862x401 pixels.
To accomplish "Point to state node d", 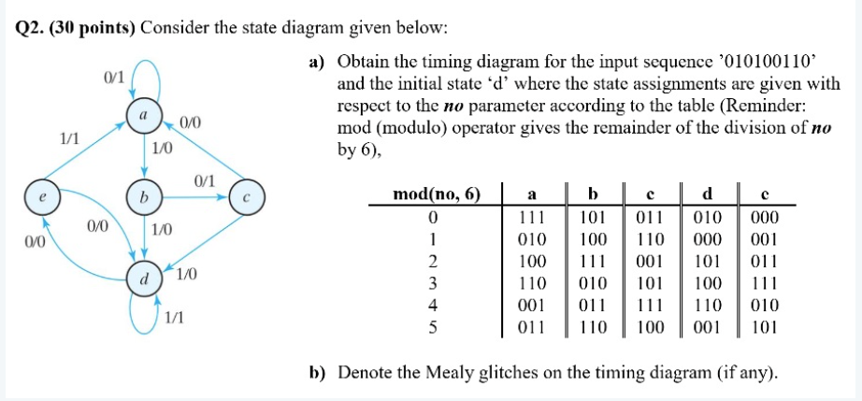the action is (x=143, y=279).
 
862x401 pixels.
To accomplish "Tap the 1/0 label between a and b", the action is (x=162, y=148).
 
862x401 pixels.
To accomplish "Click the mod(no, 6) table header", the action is (x=438, y=194).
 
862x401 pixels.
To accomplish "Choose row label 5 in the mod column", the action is (x=432, y=327).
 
